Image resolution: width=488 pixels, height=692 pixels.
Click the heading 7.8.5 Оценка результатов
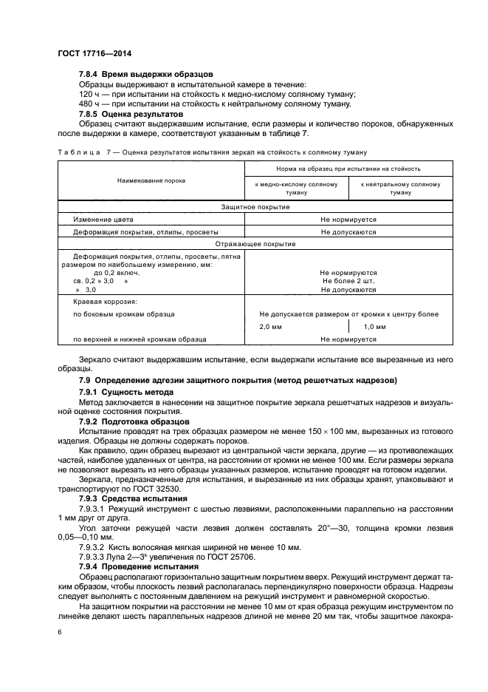click(130, 115)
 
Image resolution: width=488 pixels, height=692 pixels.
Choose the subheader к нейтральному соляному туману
click(400, 188)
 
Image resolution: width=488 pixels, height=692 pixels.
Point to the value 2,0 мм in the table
click(271, 326)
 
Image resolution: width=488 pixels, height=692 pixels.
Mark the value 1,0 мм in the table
click(375, 326)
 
